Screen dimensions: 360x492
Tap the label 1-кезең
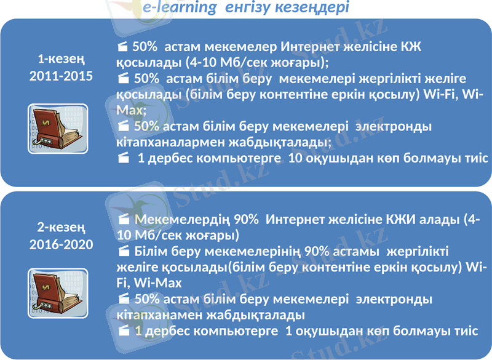61,60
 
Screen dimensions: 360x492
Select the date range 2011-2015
61,77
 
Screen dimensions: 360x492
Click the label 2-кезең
61,227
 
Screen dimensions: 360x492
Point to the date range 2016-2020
61,244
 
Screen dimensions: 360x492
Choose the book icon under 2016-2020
58,292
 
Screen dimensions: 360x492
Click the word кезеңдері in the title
314,8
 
